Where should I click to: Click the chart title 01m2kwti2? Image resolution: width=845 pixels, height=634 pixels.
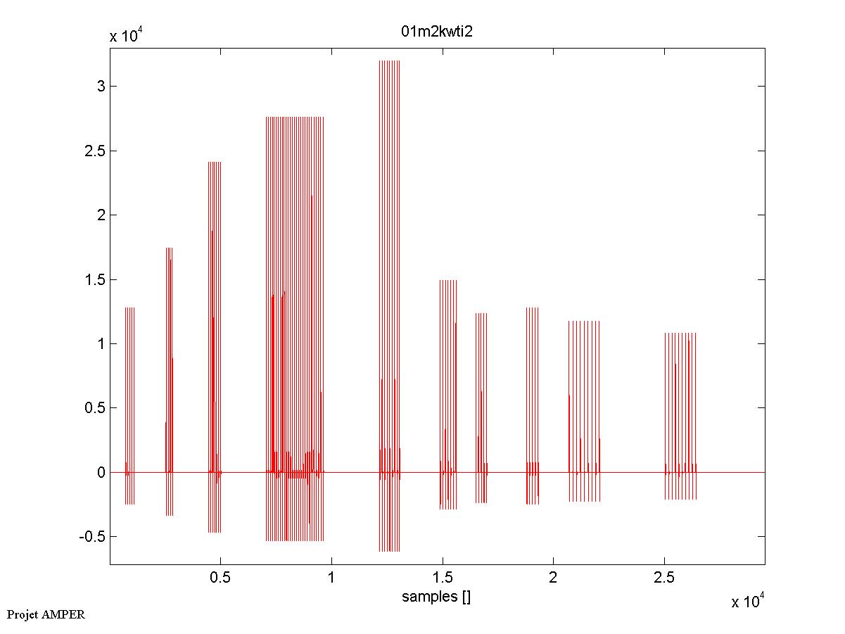436,32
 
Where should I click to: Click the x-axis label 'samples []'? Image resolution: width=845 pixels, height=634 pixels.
436,597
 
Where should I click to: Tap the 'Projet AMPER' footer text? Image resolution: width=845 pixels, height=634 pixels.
46,614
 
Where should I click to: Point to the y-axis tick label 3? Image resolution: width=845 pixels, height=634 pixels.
101,87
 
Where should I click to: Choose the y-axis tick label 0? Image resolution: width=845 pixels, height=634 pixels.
101,472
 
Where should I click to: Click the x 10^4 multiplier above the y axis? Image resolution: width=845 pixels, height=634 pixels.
127,37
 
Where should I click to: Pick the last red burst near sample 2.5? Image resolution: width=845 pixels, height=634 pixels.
680,408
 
